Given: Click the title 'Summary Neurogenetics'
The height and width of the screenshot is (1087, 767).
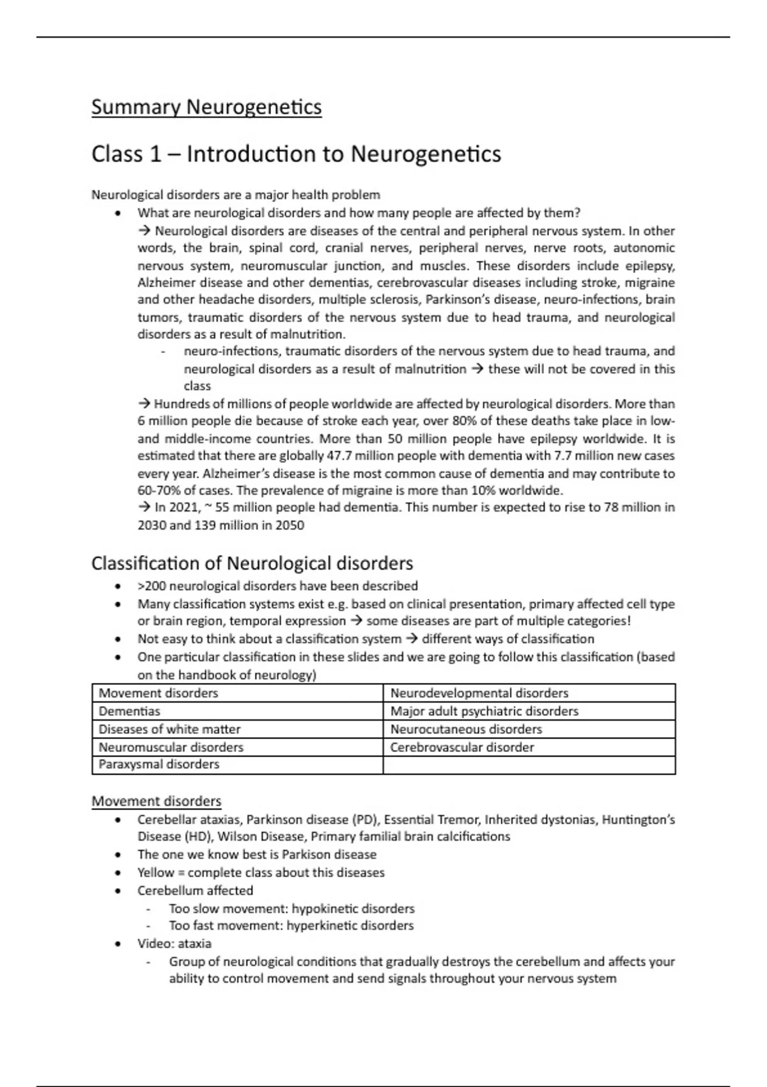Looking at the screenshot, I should click(206, 107).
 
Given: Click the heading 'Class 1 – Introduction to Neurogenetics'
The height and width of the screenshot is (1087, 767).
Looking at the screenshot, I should click(296, 154).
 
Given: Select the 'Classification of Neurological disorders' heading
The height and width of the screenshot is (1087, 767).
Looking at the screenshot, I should click(252, 563).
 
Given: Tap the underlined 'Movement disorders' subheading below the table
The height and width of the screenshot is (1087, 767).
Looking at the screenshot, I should click(156, 801).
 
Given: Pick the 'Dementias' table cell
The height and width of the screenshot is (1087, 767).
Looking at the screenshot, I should click(130, 711).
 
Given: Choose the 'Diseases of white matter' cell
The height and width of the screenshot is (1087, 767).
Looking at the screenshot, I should click(169, 729).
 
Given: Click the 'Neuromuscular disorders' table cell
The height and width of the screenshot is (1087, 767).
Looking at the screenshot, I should click(171, 747).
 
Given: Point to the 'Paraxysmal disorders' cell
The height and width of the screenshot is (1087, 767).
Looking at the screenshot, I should click(159, 764).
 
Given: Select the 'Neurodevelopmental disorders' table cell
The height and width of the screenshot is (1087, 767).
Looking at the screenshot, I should click(479, 693).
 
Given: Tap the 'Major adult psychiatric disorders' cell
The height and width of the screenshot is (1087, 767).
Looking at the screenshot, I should click(484, 711).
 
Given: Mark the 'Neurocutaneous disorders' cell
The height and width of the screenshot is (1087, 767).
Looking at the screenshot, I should click(466, 729).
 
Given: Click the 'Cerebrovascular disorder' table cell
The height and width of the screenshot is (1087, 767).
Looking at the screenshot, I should click(462, 747).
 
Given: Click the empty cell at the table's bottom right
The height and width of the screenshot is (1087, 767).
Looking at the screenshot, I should click(529, 765).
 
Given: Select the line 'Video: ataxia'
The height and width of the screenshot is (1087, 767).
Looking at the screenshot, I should click(174, 943).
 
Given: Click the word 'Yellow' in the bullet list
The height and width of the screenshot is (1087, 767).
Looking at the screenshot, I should click(156, 873).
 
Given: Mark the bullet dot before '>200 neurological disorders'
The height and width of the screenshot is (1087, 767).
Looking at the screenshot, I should click(117, 586).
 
